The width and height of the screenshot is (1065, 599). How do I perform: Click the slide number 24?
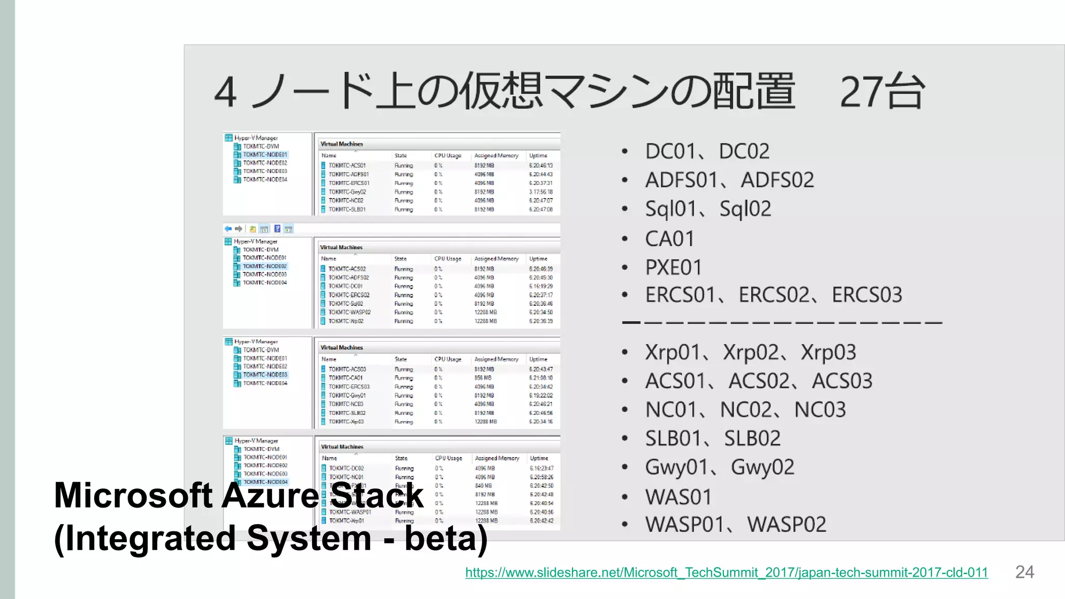pos(1024,572)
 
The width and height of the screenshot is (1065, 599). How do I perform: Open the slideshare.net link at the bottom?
pos(726,572)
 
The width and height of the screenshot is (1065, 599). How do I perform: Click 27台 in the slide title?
pos(882,92)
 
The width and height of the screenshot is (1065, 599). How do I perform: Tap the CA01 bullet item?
pos(669,239)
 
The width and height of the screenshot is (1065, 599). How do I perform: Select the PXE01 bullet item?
pos(673,268)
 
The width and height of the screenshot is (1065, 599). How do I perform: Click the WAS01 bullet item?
pos(678,497)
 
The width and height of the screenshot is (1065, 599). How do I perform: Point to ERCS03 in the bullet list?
pos(867,295)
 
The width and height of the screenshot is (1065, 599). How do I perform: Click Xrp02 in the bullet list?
pos(750,353)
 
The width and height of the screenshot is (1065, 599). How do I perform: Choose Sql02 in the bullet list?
pos(745,209)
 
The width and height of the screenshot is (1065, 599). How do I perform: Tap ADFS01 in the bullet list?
pos(681,180)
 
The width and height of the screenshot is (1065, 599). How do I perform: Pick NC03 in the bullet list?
pos(820,410)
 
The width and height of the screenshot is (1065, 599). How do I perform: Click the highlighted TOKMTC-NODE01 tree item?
pos(265,154)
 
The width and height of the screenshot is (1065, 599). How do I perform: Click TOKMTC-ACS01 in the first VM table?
pos(347,165)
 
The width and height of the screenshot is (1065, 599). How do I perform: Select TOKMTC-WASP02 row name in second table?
pos(349,312)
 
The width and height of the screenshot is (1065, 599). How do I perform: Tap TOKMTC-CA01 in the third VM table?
pos(345,378)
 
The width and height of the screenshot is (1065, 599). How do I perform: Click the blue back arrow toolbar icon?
pos(228,229)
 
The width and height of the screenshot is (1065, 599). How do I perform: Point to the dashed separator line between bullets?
pos(782,323)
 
